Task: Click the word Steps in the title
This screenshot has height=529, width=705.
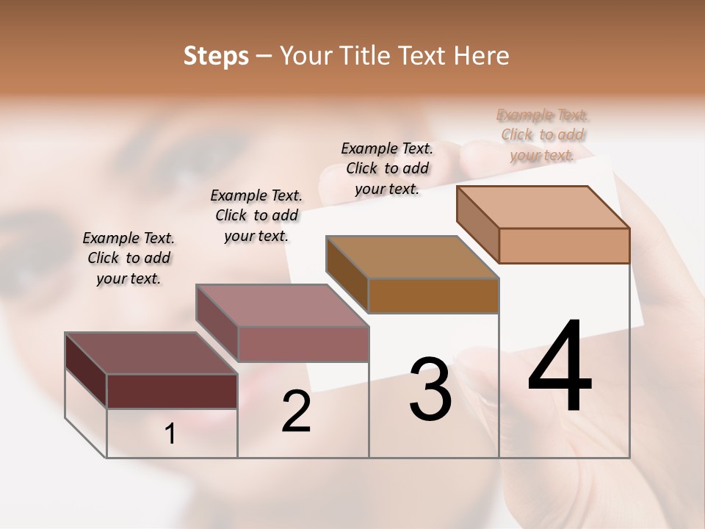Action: [216, 56]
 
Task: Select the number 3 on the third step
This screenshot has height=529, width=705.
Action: [430, 389]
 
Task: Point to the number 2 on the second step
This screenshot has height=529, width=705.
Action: [297, 412]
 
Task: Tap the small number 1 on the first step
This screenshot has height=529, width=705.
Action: [170, 434]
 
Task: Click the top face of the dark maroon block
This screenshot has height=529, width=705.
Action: [151, 353]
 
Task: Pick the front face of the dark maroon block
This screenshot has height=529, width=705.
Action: [172, 391]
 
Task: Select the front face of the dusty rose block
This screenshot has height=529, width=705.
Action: [303, 344]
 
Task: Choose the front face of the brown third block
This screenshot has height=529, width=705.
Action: [433, 295]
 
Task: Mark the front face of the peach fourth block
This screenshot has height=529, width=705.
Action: [564, 245]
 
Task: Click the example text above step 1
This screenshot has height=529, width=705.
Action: [129, 258]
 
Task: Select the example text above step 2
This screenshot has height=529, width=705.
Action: [256, 215]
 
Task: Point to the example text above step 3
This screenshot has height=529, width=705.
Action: [387, 168]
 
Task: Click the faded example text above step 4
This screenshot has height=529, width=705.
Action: [543, 134]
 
